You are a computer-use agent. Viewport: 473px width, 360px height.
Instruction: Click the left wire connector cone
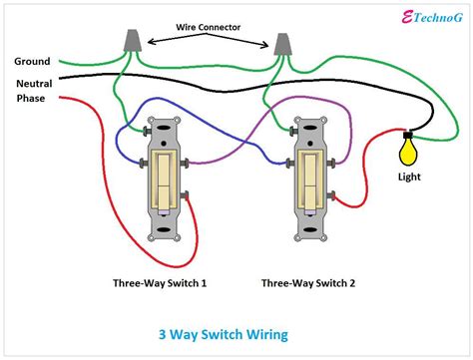[x=128, y=41]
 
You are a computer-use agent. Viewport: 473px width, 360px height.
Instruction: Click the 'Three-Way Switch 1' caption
[x=161, y=283]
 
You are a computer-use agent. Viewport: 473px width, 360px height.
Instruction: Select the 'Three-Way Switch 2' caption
[x=308, y=283]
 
